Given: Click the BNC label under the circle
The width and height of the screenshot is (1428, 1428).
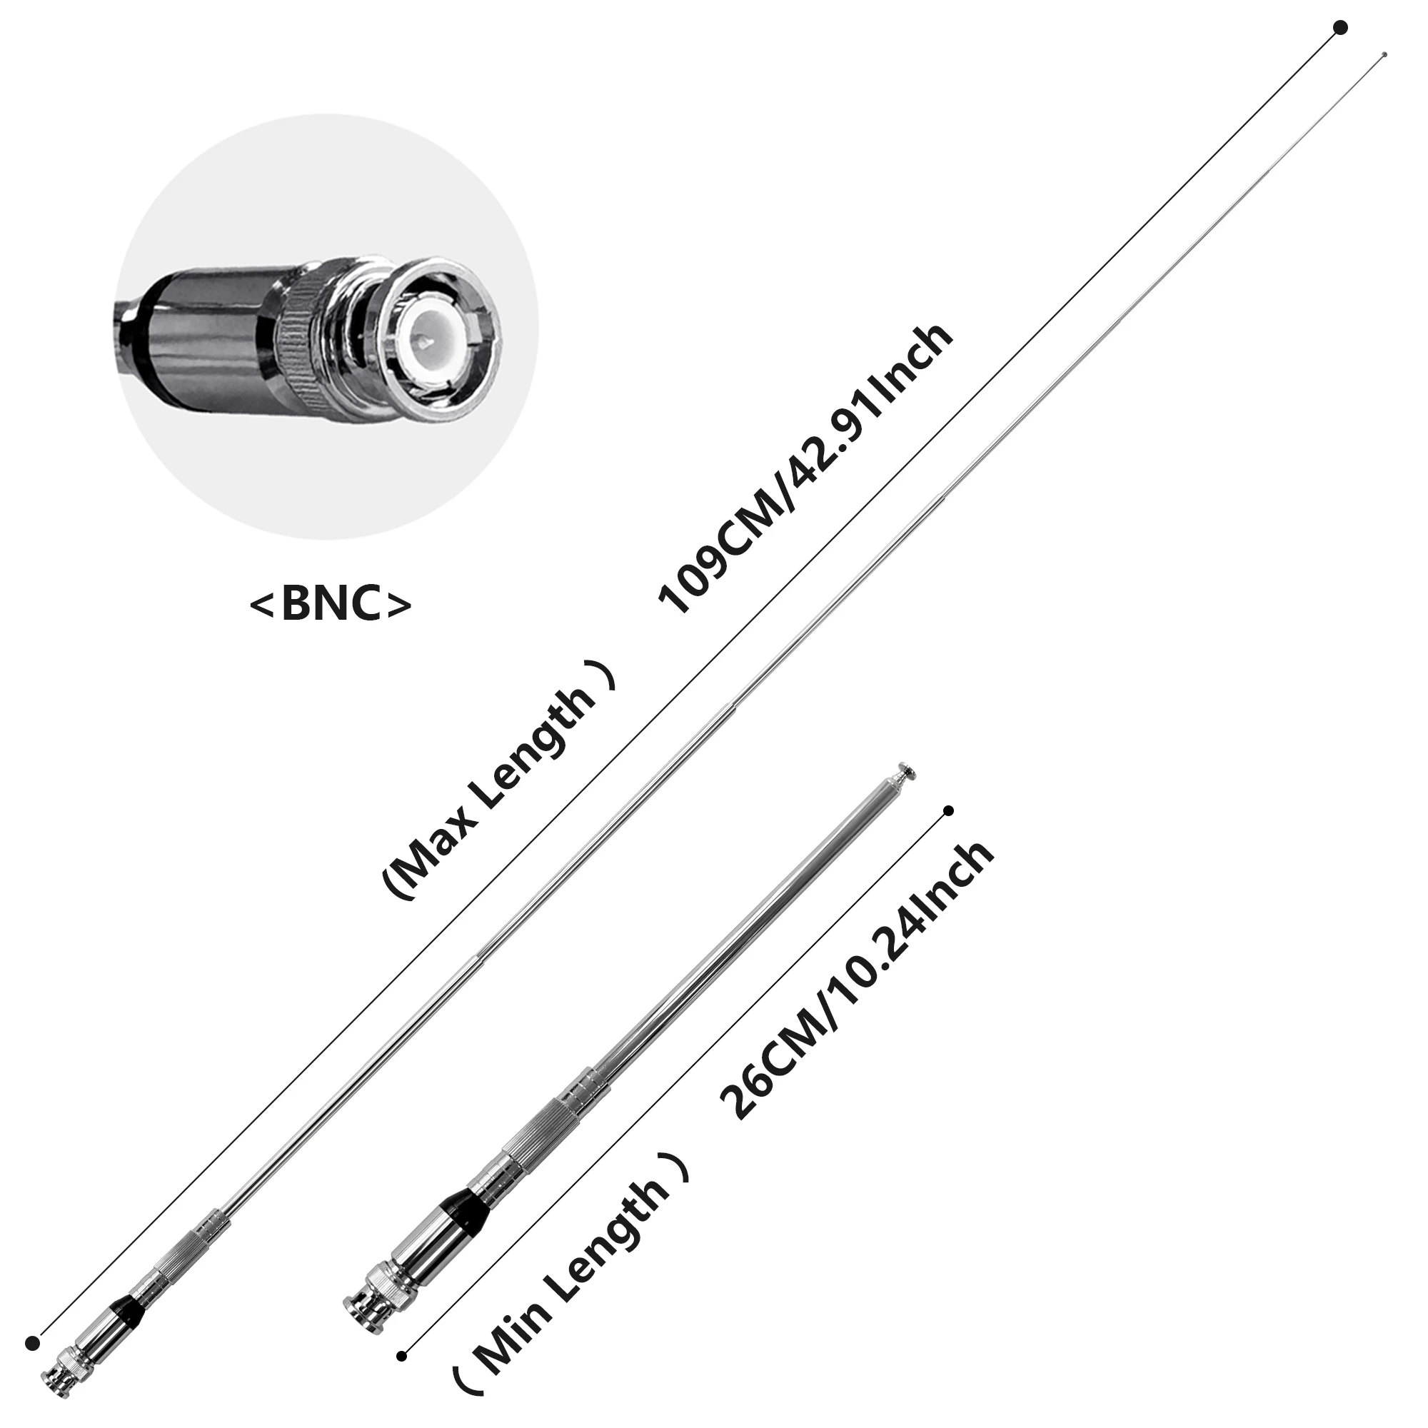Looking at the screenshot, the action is point(331,603).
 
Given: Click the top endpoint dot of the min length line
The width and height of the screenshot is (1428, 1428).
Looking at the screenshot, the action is point(949,811).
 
